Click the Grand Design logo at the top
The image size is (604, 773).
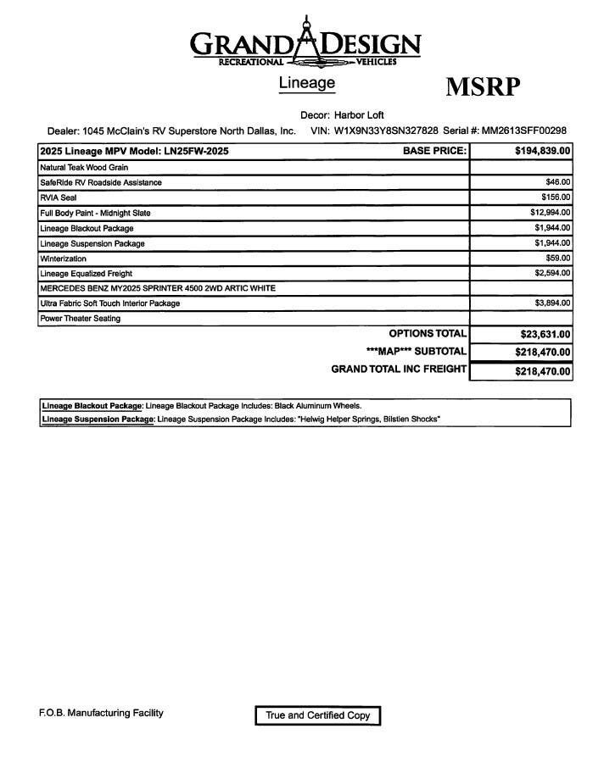(x=305, y=43)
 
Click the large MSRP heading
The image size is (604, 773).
(x=483, y=87)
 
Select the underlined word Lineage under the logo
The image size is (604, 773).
(x=306, y=83)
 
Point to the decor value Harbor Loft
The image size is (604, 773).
(x=359, y=114)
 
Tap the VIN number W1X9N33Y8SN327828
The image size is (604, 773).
(x=386, y=131)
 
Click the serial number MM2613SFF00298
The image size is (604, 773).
(x=524, y=131)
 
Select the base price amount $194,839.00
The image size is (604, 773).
(x=542, y=151)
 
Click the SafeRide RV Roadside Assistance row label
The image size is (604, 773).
(x=100, y=182)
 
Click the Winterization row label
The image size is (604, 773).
(x=63, y=259)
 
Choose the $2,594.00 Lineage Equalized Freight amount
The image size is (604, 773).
(x=552, y=273)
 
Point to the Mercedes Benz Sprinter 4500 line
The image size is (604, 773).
(x=157, y=288)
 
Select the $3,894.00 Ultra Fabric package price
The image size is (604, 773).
(x=552, y=303)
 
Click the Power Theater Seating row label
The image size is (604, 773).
(x=80, y=319)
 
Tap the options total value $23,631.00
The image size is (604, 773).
(x=545, y=335)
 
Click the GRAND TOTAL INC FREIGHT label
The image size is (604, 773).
(x=399, y=369)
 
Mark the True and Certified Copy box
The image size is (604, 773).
(x=318, y=715)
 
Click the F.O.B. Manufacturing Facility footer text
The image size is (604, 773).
(x=101, y=713)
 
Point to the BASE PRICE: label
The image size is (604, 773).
(x=434, y=151)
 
